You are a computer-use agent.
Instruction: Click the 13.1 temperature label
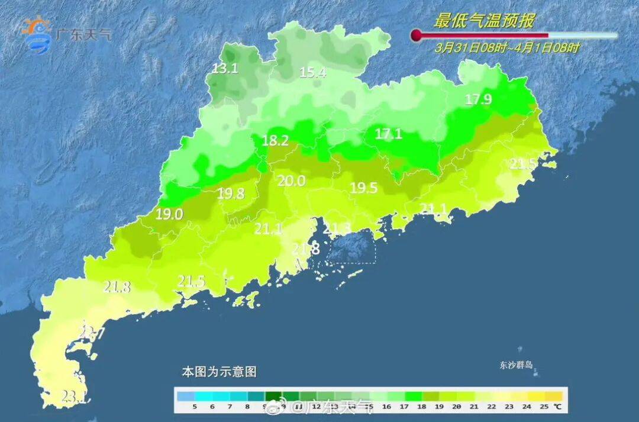click(225, 69)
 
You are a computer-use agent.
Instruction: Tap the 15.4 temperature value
click(313, 73)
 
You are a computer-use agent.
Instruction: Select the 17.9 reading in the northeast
click(478, 99)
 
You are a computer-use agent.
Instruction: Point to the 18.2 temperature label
click(275, 141)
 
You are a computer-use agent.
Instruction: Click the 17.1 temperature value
click(389, 134)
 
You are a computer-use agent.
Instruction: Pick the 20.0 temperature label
click(292, 181)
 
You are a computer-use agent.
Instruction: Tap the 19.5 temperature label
click(364, 188)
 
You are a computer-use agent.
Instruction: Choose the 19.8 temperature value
click(231, 193)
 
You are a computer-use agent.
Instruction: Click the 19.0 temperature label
click(169, 215)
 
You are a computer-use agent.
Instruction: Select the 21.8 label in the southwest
click(117, 287)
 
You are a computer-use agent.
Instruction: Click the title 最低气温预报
click(484, 22)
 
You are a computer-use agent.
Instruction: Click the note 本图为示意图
click(219, 372)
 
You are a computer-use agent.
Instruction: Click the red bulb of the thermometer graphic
click(417, 36)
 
